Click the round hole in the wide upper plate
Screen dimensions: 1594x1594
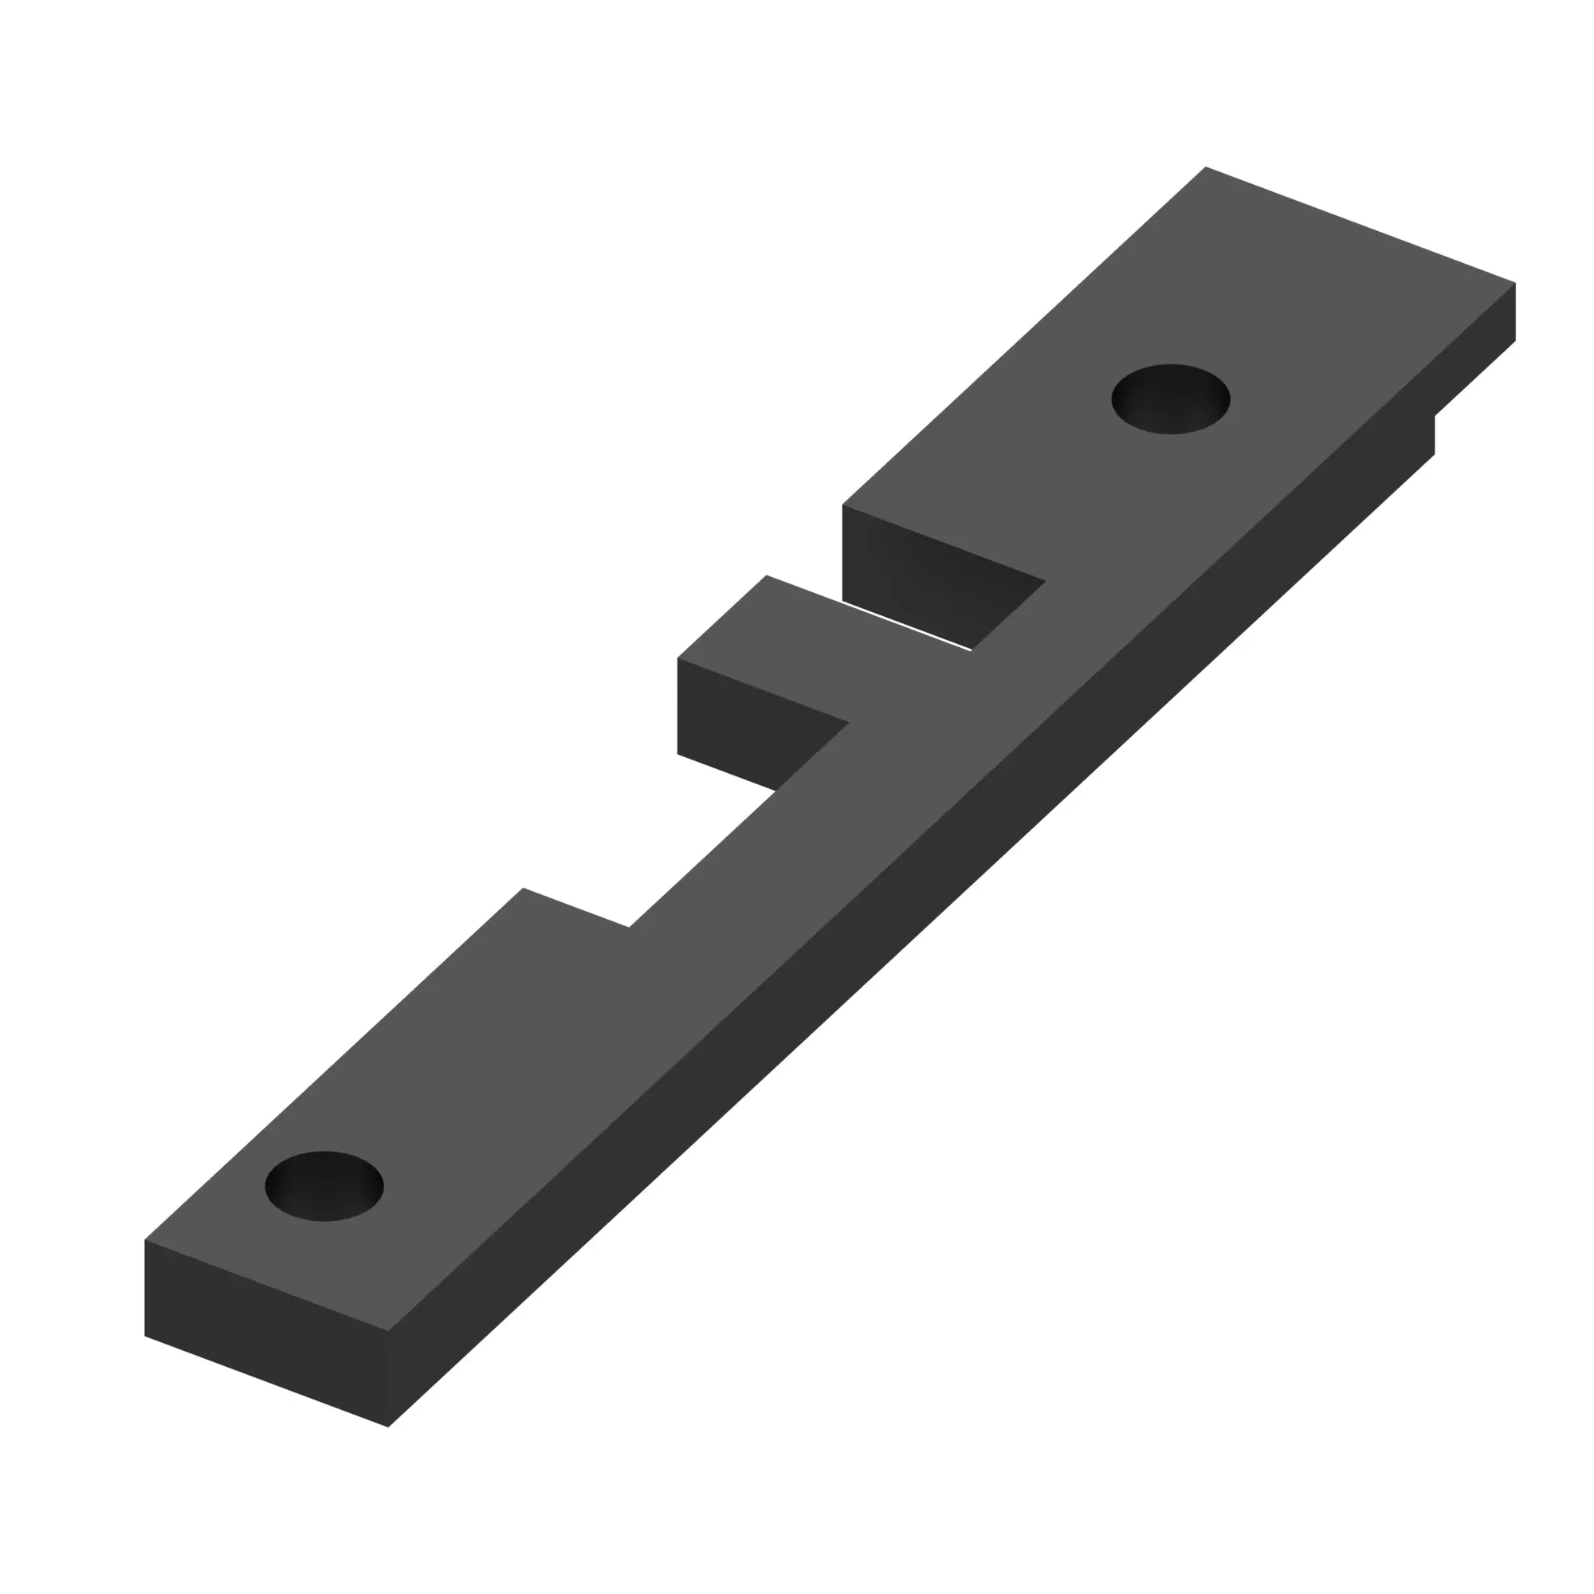pos(1170,398)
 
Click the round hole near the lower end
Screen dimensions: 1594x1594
pos(324,1186)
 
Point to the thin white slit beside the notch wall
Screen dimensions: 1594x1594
pos(908,627)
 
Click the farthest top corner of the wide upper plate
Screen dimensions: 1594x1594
pos(1205,167)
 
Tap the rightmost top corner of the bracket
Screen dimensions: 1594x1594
pos(1515,283)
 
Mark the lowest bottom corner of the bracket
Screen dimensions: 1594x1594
pos(388,1427)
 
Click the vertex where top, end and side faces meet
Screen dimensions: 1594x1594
pos(388,1330)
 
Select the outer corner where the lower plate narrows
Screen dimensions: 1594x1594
pos(523,889)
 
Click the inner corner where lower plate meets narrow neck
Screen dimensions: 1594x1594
pos(629,927)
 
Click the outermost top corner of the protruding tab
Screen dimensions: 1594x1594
pos(767,575)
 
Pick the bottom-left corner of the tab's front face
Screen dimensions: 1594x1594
pos(678,753)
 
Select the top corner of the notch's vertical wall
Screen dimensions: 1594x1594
pos(842,505)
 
